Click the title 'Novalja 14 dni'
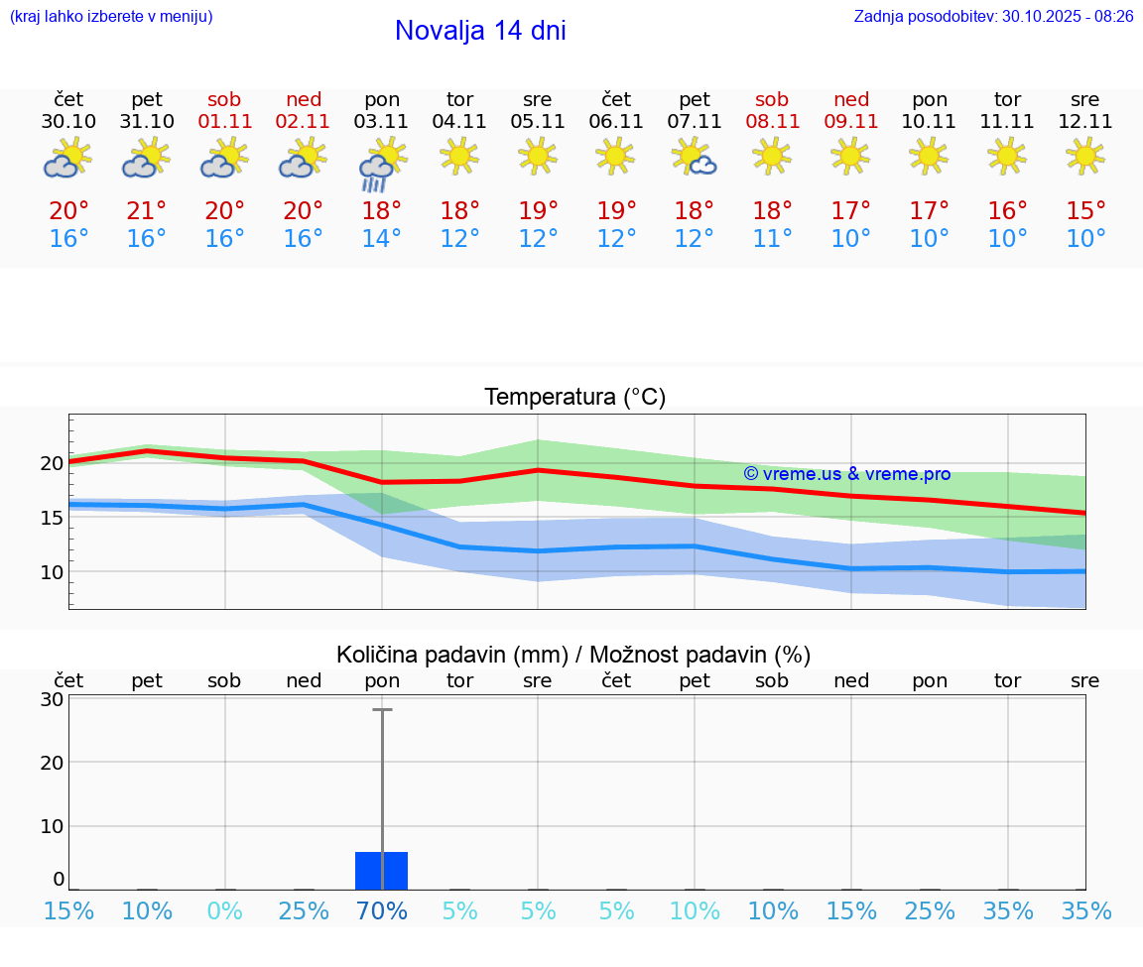480,31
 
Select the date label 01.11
225,122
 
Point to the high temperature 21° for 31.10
147,211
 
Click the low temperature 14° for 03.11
381,239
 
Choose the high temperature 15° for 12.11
1085,211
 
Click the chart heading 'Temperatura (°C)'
574,398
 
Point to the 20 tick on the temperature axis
52,463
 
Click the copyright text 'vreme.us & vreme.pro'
846,474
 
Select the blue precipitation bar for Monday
381,870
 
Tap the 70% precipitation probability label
381,911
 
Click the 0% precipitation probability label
225,911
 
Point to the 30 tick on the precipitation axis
52,699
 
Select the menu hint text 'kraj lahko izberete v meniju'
111,17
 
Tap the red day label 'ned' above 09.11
851,99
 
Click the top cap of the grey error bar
382,710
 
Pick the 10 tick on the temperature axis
52,572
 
